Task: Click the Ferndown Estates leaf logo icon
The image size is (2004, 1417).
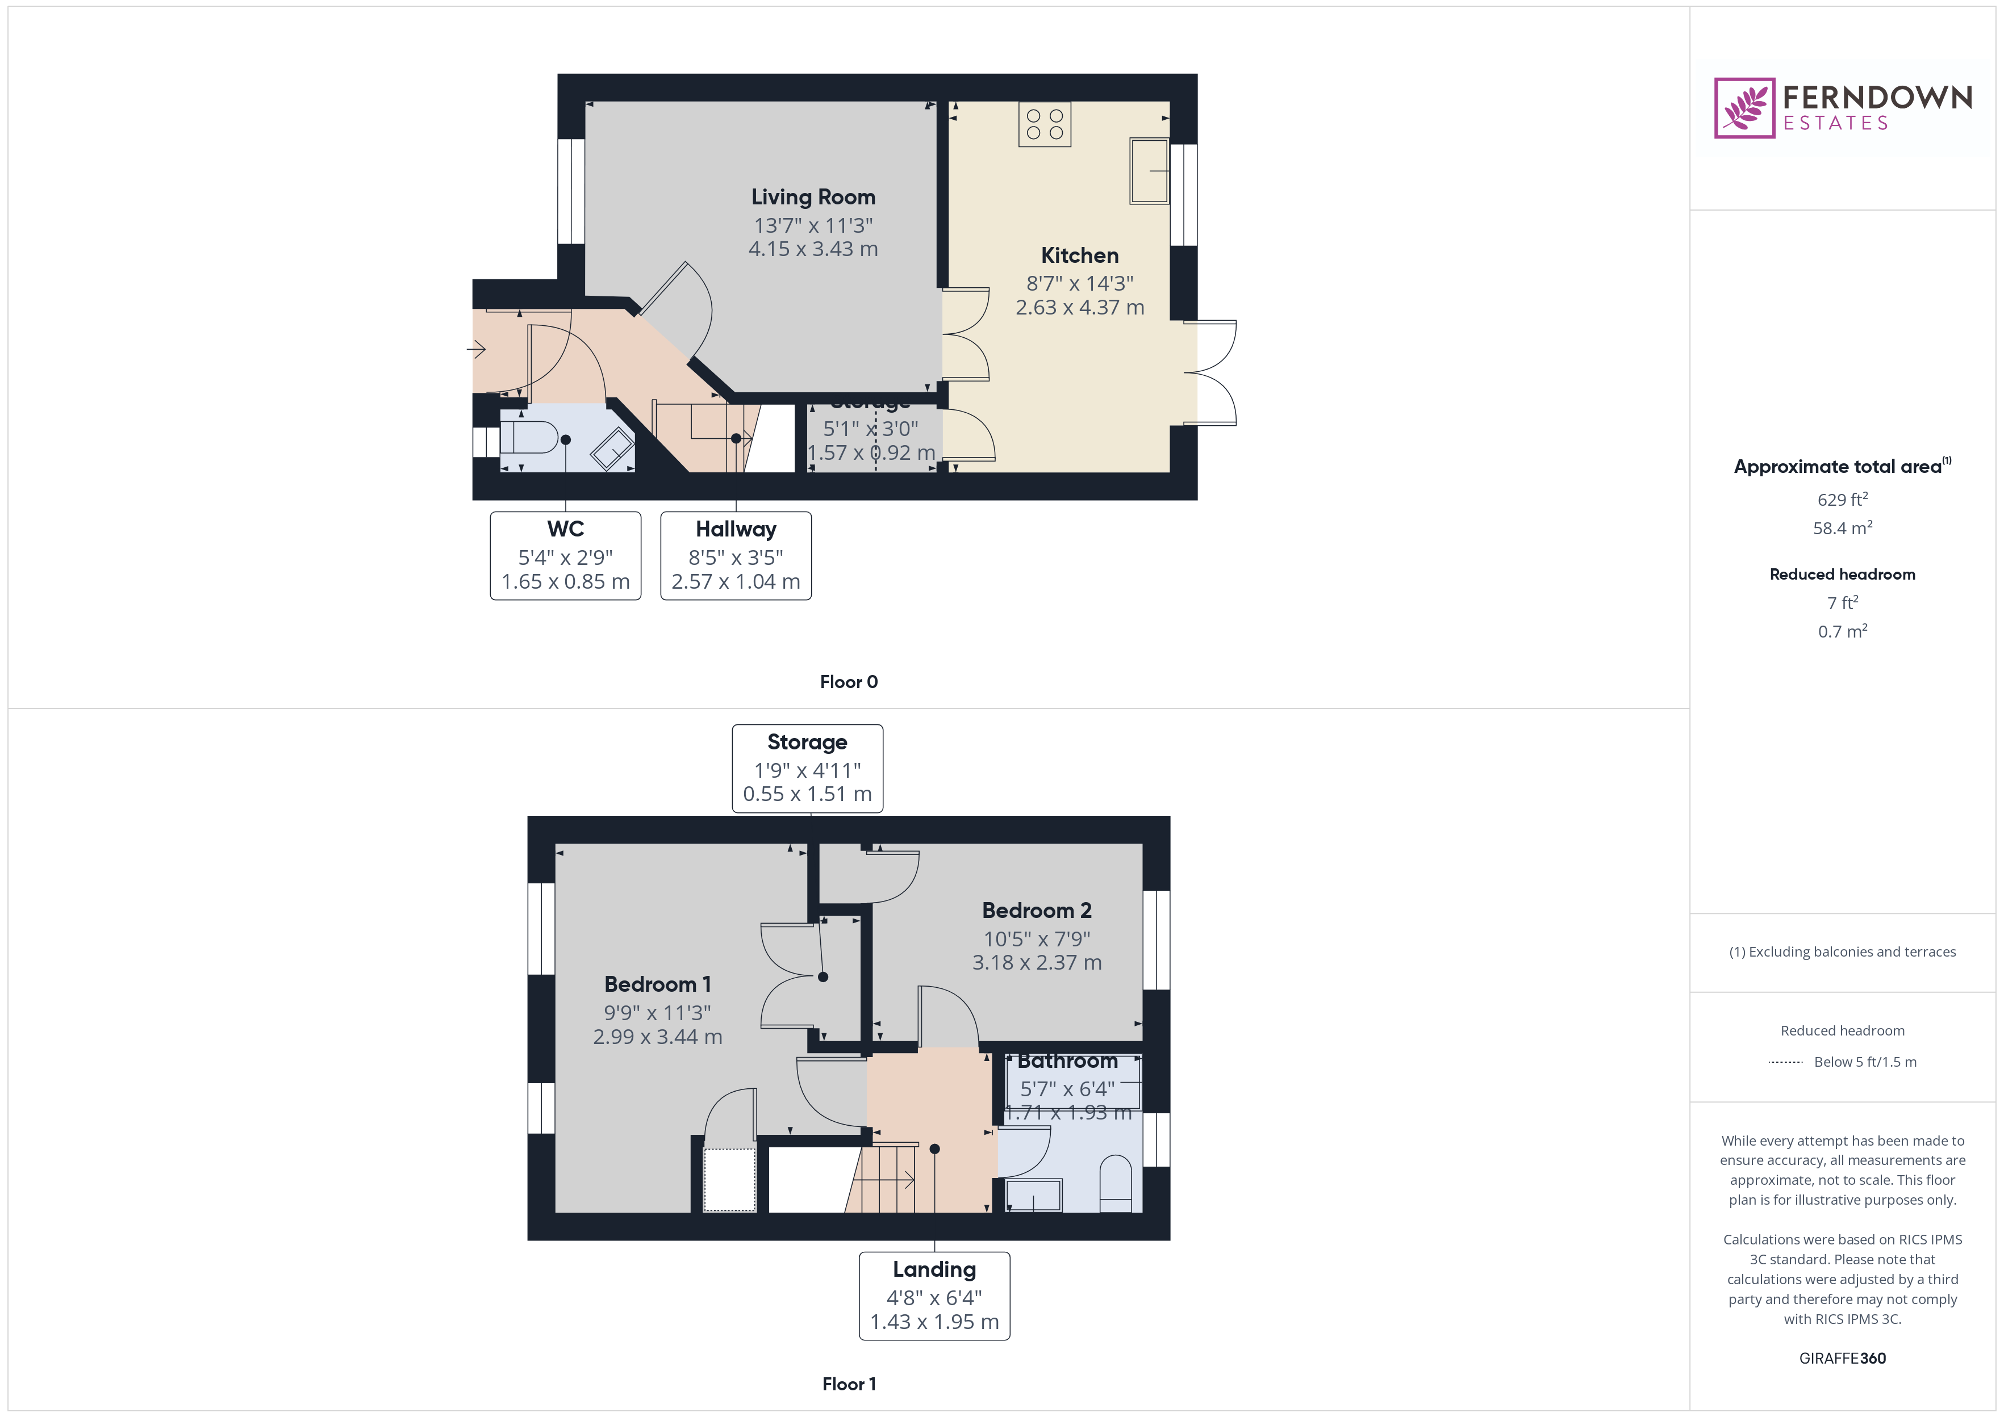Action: [x=1744, y=108]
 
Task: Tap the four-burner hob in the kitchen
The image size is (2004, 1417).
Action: [x=1044, y=124]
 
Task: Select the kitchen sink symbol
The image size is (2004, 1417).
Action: [x=1149, y=171]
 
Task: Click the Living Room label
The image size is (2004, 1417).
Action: [x=813, y=197]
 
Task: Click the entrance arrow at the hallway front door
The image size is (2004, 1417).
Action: [x=477, y=350]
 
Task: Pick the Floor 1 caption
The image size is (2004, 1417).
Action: [x=849, y=1384]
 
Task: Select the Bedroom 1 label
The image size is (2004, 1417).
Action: [x=657, y=984]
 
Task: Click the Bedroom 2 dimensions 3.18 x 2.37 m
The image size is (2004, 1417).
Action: [x=1037, y=962]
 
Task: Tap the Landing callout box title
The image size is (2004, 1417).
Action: [x=934, y=1269]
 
